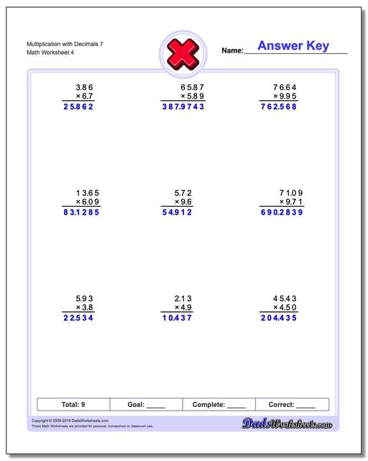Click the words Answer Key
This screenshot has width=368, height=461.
point(293,46)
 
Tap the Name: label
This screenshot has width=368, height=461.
point(233,51)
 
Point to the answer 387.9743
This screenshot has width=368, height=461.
point(183,107)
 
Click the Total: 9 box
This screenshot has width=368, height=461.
point(73,405)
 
